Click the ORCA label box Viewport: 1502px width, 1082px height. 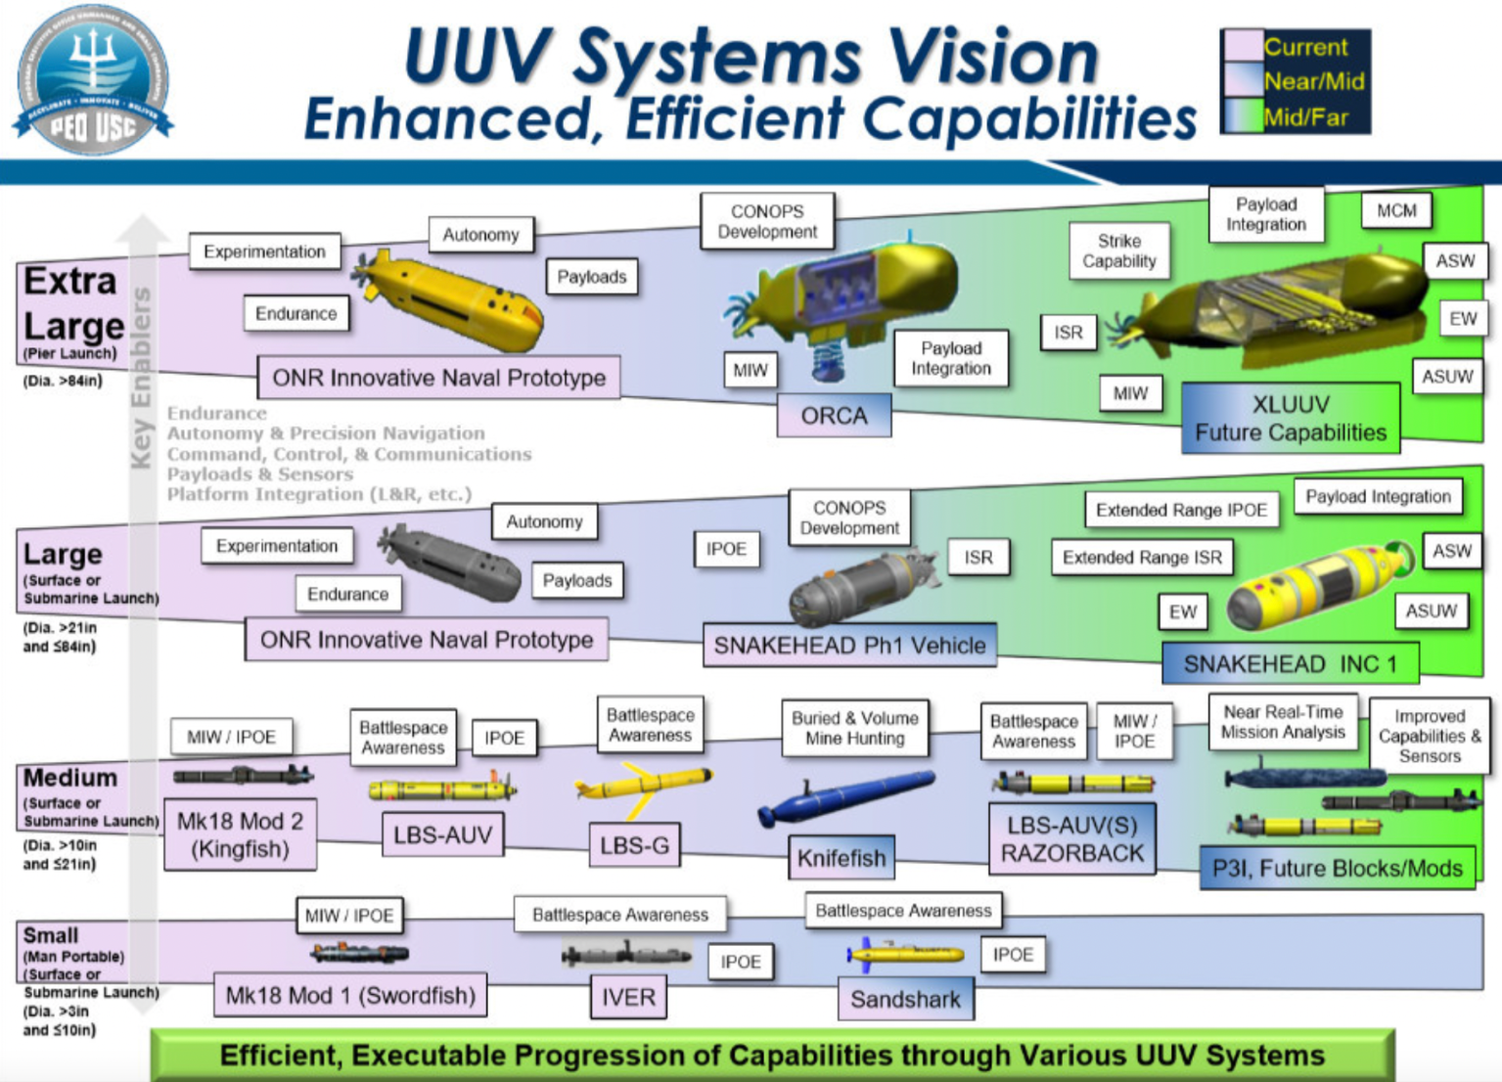coord(834,416)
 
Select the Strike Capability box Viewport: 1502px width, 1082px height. coord(1118,251)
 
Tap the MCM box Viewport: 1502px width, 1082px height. coord(1396,210)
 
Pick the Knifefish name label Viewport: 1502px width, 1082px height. coord(841,858)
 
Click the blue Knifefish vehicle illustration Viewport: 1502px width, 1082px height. coord(846,795)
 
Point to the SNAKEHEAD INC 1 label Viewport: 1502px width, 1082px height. coord(1290,664)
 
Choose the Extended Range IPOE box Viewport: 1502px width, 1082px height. coord(1181,510)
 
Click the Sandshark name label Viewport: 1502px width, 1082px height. coord(905,999)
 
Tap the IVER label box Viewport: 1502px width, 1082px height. coord(628,997)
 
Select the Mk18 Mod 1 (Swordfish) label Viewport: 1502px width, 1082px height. coord(350,995)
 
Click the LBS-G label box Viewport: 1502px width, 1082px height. coord(634,845)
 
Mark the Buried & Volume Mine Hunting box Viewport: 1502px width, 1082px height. coord(854,728)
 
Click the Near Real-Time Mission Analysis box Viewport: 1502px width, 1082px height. coord(1282,722)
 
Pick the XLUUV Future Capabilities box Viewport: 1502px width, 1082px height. coord(1290,419)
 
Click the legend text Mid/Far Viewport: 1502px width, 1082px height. coord(1305,118)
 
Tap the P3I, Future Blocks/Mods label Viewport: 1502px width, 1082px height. coord(1337,868)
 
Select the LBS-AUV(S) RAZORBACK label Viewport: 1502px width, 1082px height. coord(1071,839)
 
